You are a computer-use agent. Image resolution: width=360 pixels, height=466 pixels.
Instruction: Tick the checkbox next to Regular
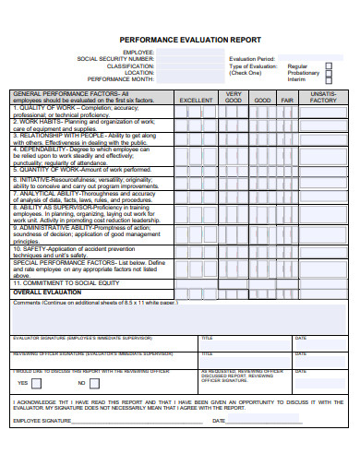[x=329, y=66]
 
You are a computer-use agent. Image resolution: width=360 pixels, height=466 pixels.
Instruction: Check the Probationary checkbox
[x=329, y=73]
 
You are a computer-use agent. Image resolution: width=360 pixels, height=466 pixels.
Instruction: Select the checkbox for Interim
[x=329, y=80]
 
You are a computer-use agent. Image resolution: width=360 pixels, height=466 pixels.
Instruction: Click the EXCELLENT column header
[x=196, y=100]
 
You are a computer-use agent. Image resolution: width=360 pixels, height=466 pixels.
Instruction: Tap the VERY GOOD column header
[x=234, y=97]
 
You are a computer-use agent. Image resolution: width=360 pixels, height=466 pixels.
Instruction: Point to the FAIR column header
[x=287, y=100]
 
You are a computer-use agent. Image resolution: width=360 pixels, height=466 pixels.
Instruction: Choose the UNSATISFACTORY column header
[x=323, y=97]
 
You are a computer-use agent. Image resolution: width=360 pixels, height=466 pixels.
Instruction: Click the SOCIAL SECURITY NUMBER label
[x=115, y=58]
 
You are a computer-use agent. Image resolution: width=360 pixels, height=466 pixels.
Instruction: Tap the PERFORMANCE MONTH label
[x=121, y=79]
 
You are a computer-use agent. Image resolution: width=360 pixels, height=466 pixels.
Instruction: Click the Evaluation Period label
[x=252, y=58]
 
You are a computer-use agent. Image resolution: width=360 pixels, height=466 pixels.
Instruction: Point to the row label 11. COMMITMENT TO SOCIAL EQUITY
[x=66, y=282]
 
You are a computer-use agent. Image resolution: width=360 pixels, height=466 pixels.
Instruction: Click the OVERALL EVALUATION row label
[x=47, y=292]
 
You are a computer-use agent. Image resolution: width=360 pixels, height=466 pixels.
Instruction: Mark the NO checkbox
[x=93, y=382]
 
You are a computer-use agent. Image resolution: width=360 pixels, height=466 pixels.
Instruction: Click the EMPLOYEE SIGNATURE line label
[x=42, y=421]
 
